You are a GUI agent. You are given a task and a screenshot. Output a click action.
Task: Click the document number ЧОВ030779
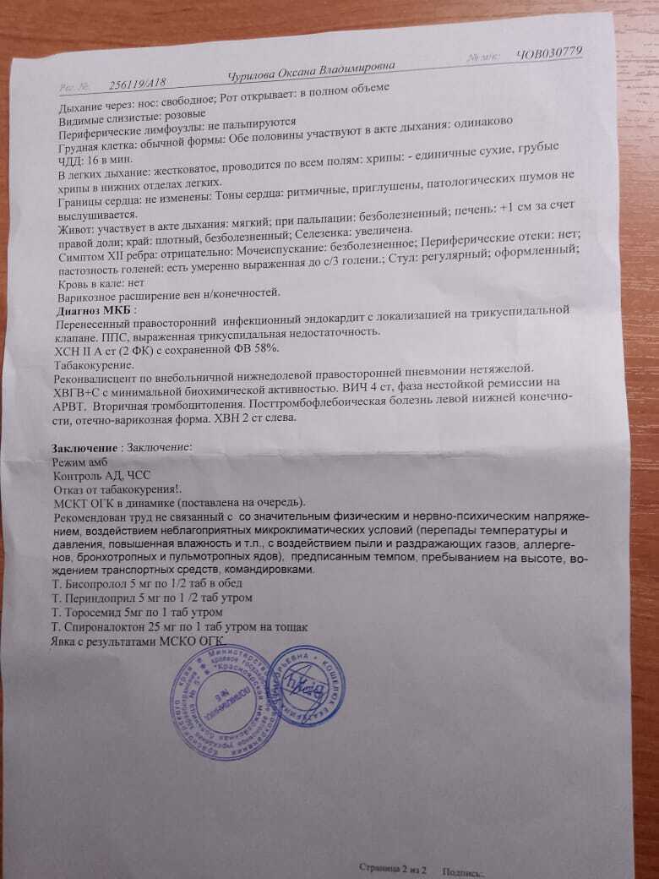click(x=548, y=53)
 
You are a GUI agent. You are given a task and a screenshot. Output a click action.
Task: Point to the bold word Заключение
click(x=81, y=446)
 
